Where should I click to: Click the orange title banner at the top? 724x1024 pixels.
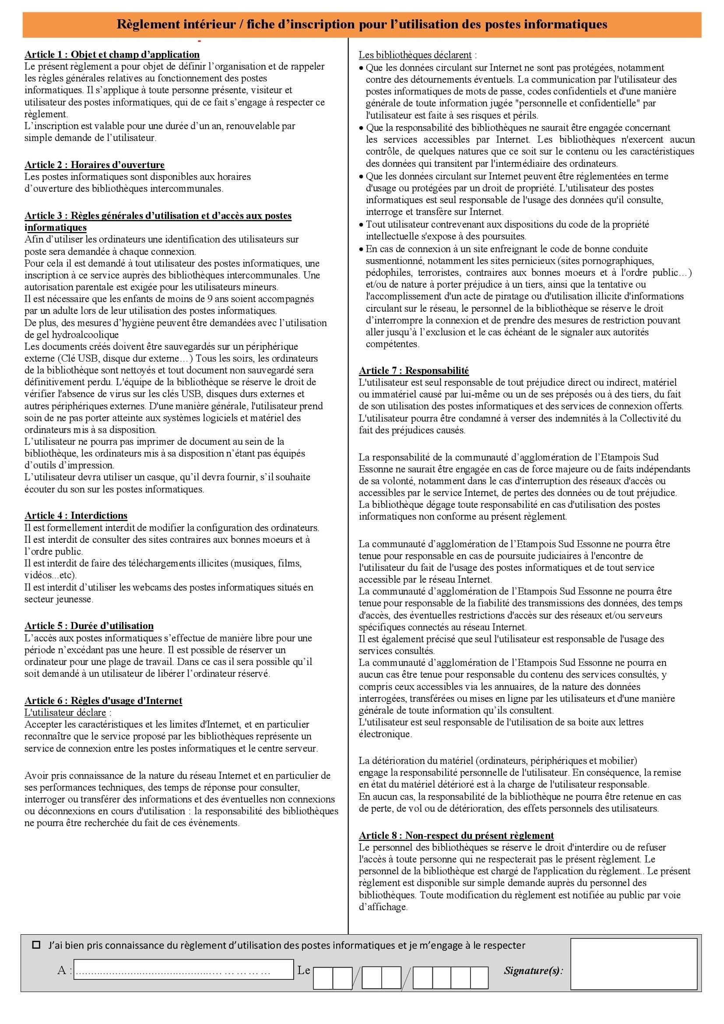click(362, 24)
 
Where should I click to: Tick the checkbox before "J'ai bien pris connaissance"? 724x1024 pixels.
click(37, 945)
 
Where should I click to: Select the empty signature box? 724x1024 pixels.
click(633, 964)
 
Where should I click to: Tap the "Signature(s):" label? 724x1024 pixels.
click(533, 971)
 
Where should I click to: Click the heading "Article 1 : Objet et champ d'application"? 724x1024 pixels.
click(112, 54)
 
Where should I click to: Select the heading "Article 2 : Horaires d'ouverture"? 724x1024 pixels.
click(95, 165)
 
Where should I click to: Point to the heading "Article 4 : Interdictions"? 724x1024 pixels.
click(76, 516)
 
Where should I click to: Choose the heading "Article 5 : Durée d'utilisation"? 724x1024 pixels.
click(89, 626)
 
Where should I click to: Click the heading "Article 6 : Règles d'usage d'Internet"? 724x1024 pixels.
click(103, 700)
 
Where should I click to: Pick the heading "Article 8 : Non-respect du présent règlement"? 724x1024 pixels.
click(456, 835)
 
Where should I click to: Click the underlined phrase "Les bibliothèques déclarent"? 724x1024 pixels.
click(415, 55)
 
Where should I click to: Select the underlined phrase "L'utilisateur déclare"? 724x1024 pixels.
click(65, 713)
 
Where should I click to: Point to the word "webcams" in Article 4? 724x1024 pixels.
click(134, 588)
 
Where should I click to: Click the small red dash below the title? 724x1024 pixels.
click(199, 42)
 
